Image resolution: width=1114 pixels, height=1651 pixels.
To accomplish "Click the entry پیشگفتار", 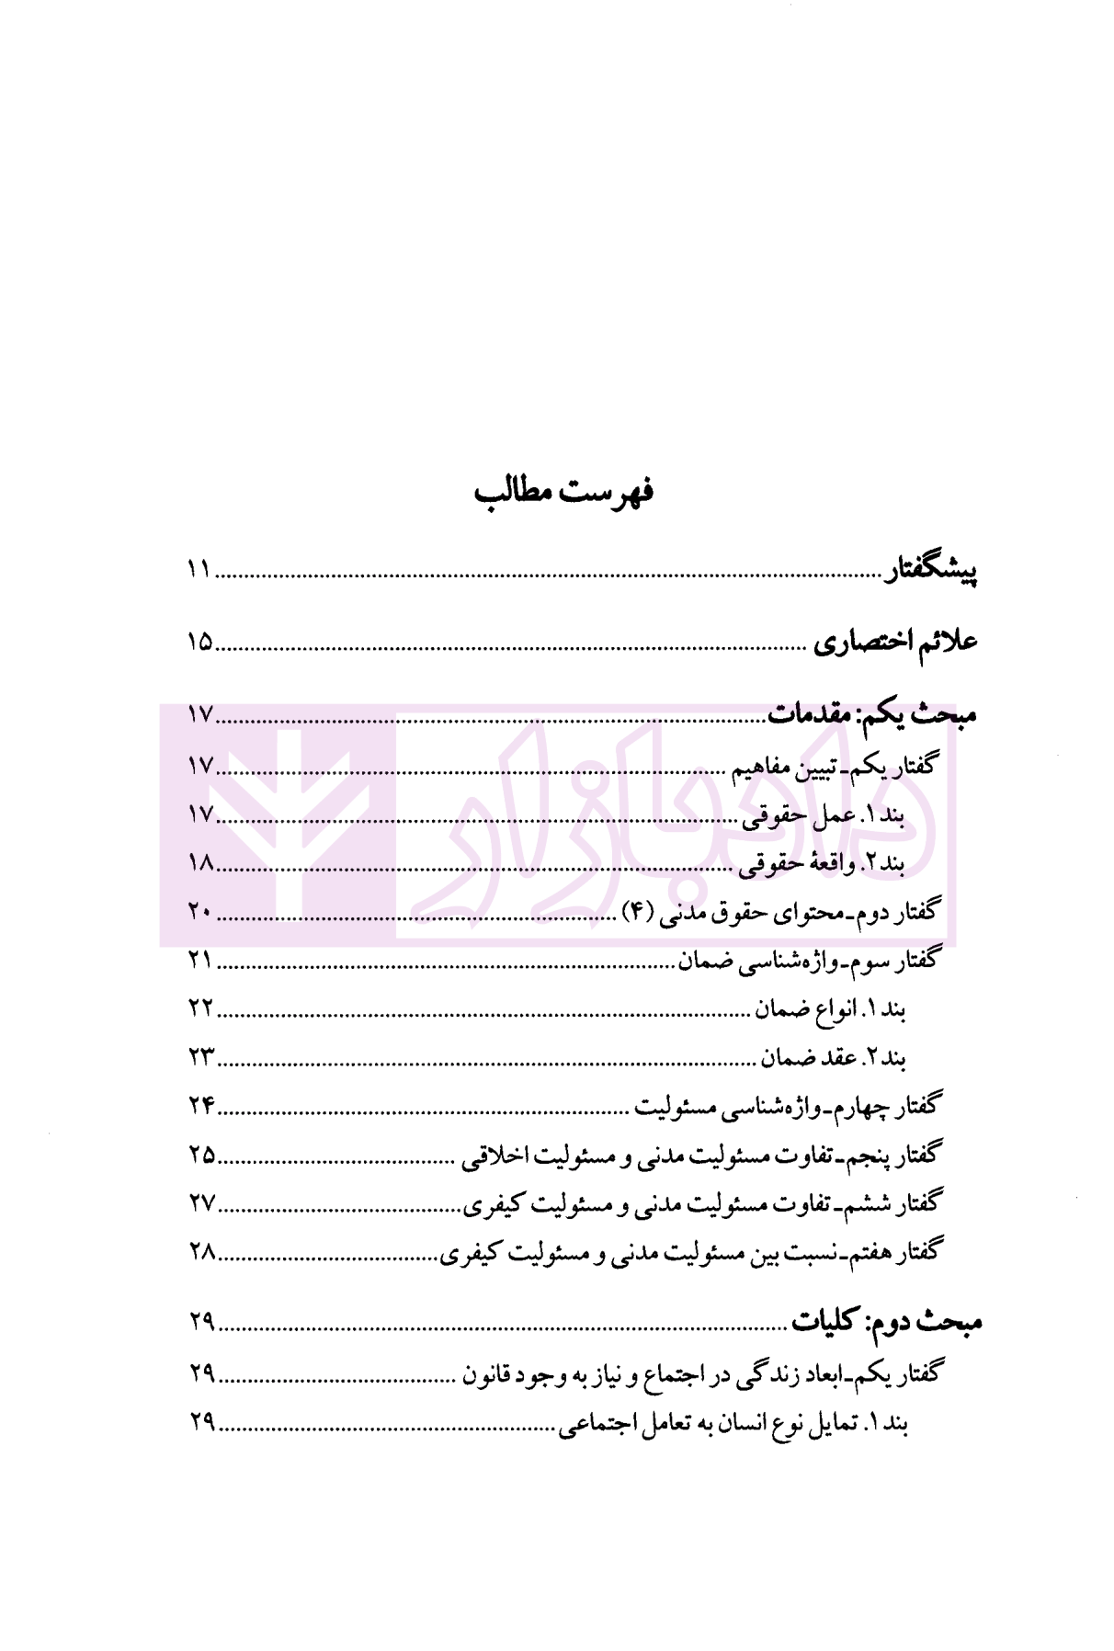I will pos(930,571).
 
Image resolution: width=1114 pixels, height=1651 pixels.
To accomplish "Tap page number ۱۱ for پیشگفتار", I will pos(199,570).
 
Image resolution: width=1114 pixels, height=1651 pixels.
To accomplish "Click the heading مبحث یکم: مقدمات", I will pos(872,714).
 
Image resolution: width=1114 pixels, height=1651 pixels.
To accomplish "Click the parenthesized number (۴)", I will pos(638,911).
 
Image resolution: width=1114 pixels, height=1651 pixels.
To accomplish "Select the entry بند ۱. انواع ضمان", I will pos(831,1009).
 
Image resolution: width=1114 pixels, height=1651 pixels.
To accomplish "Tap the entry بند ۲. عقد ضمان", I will pos(834,1058).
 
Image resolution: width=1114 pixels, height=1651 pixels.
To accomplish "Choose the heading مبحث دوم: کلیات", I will pos(887,1322).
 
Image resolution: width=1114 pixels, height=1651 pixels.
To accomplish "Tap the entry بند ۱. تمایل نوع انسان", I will pos(733,1424).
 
